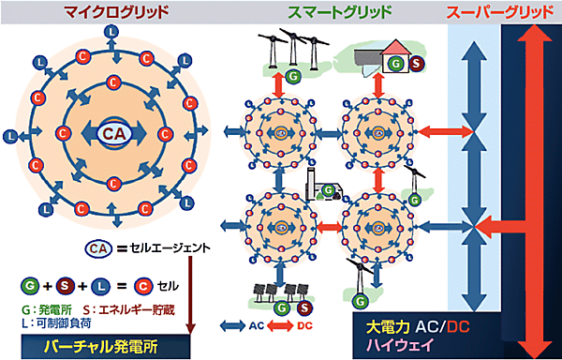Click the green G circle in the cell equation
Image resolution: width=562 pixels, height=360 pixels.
pos(28,282)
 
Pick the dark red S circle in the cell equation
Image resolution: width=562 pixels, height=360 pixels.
pos(64,282)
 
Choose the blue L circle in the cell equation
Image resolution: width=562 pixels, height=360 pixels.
pos(99,282)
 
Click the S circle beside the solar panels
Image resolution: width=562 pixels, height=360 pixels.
pos(304,306)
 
